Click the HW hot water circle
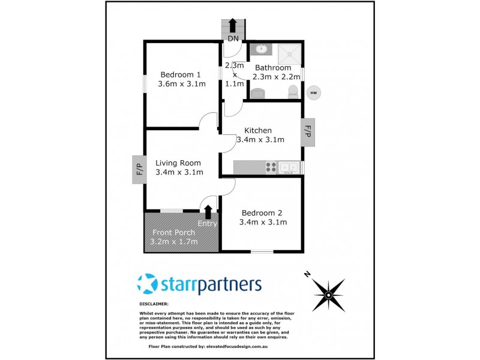tap(313, 92)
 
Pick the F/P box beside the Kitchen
tap(308, 131)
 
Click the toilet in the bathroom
tap(293, 92)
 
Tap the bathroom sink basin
tap(261, 49)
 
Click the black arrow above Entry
tap(208, 211)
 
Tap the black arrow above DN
tap(233, 26)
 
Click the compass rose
tap(328, 294)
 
